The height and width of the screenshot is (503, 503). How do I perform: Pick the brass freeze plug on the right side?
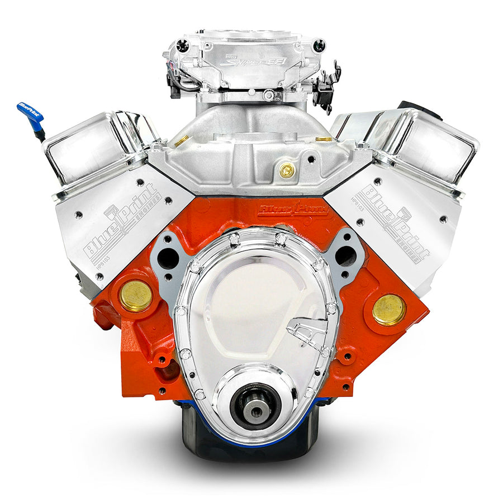(389, 310)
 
